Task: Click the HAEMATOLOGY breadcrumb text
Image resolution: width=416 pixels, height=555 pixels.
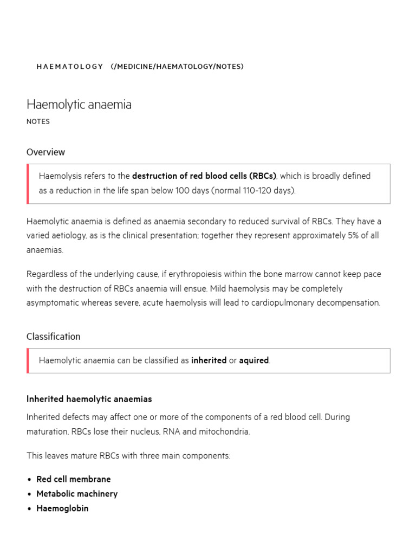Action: tap(69, 67)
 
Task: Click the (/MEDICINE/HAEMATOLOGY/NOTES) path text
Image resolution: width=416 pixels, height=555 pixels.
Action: tap(177, 67)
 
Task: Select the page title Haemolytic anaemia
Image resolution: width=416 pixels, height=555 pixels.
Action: tap(79, 105)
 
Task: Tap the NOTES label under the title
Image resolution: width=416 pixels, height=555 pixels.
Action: tap(38, 122)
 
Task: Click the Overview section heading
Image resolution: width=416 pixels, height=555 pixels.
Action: tap(45, 152)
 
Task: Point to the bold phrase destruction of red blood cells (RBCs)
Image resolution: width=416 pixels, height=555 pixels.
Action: tap(204, 176)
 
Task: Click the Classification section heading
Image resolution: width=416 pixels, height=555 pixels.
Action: tap(53, 337)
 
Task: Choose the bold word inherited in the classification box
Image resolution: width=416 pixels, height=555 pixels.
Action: tap(209, 360)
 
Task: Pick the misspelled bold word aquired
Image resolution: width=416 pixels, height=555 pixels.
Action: tap(253, 360)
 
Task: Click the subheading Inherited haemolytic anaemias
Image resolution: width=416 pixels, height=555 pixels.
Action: tap(89, 399)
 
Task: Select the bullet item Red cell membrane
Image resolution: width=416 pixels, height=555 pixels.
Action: tap(73, 480)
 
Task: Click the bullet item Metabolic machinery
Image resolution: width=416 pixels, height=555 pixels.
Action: tap(76, 494)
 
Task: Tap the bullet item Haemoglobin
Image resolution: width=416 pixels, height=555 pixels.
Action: tap(62, 509)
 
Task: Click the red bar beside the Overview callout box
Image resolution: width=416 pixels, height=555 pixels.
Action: tap(28, 184)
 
